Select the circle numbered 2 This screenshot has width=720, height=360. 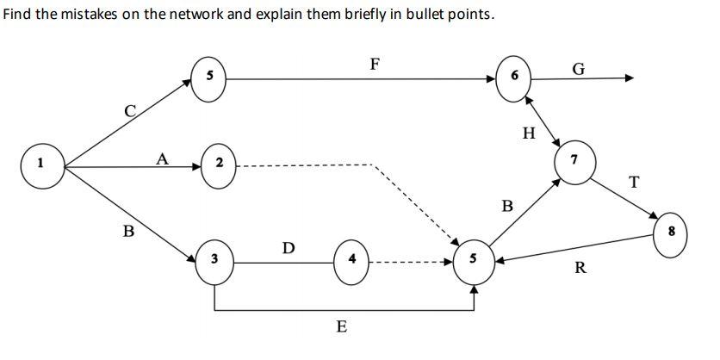(x=219, y=162)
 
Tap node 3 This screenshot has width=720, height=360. (x=214, y=258)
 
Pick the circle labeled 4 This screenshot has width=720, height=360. (x=352, y=258)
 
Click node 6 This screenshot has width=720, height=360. (x=514, y=77)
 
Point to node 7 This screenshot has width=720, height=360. (x=574, y=162)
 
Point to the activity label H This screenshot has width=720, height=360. (x=529, y=133)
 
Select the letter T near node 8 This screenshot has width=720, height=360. (x=635, y=182)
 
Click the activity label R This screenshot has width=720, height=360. (x=580, y=268)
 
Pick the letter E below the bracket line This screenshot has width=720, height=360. (x=342, y=327)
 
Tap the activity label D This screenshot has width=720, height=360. (x=289, y=249)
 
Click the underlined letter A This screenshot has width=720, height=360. (x=160, y=157)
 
